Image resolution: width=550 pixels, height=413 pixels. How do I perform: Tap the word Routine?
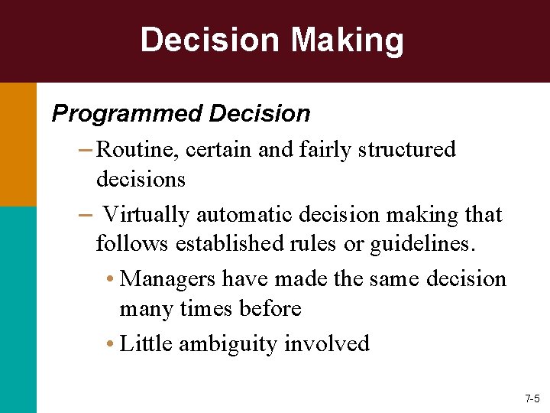136,149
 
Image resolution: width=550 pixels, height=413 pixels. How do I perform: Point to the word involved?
326,344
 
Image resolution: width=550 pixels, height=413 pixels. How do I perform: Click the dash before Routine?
86,149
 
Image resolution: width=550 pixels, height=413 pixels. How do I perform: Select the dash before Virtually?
86,215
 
